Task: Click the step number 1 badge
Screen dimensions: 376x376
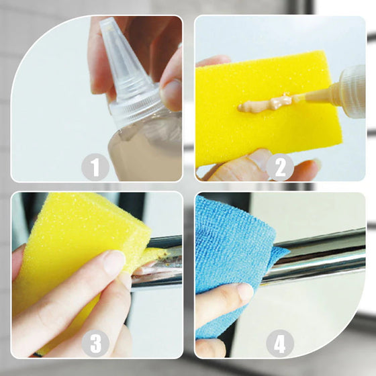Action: pyautogui.click(x=95, y=167)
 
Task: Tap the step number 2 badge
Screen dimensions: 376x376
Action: pyautogui.click(x=280, y=167)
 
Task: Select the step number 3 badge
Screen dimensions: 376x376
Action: pyautogui.click(x=95, y=343)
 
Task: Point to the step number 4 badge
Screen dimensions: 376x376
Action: pyautogui.click(x=280, y=343)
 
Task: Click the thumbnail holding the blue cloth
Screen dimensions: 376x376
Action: pyautogui.click(x=245, y=292)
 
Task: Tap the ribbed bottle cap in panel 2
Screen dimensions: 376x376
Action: pyautogui.click(x=352, y=91)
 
